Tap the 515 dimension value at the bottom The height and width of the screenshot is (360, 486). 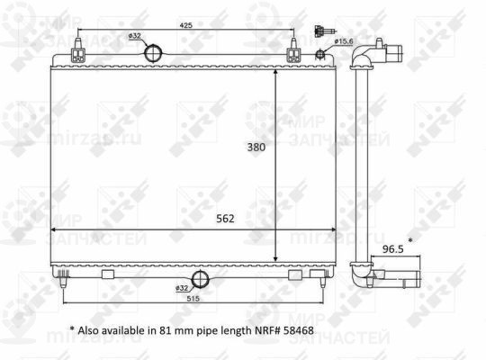click(192, 297)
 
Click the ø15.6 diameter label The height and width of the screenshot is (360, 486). click(343, 41)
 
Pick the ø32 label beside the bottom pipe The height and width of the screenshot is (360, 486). click(183, 287)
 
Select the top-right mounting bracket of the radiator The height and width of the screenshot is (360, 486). click(293, 54)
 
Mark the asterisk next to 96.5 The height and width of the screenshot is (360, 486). click(410, 241)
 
